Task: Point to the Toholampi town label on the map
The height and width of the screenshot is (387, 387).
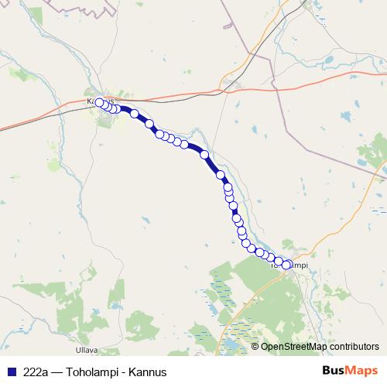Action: [290, 265]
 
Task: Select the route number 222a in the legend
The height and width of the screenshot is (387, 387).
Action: [33, 372]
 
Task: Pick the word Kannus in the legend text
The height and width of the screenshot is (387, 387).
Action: [149, 372]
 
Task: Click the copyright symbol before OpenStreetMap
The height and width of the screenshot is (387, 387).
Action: [255, 347]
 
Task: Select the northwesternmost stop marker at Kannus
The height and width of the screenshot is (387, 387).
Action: [99, 102]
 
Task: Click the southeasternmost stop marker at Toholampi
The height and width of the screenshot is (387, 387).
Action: [286, 265]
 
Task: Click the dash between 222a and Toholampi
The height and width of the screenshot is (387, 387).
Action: [55, 372]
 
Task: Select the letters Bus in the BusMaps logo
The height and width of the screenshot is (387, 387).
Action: [332, 371]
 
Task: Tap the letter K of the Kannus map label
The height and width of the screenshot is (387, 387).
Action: [91, 101]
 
